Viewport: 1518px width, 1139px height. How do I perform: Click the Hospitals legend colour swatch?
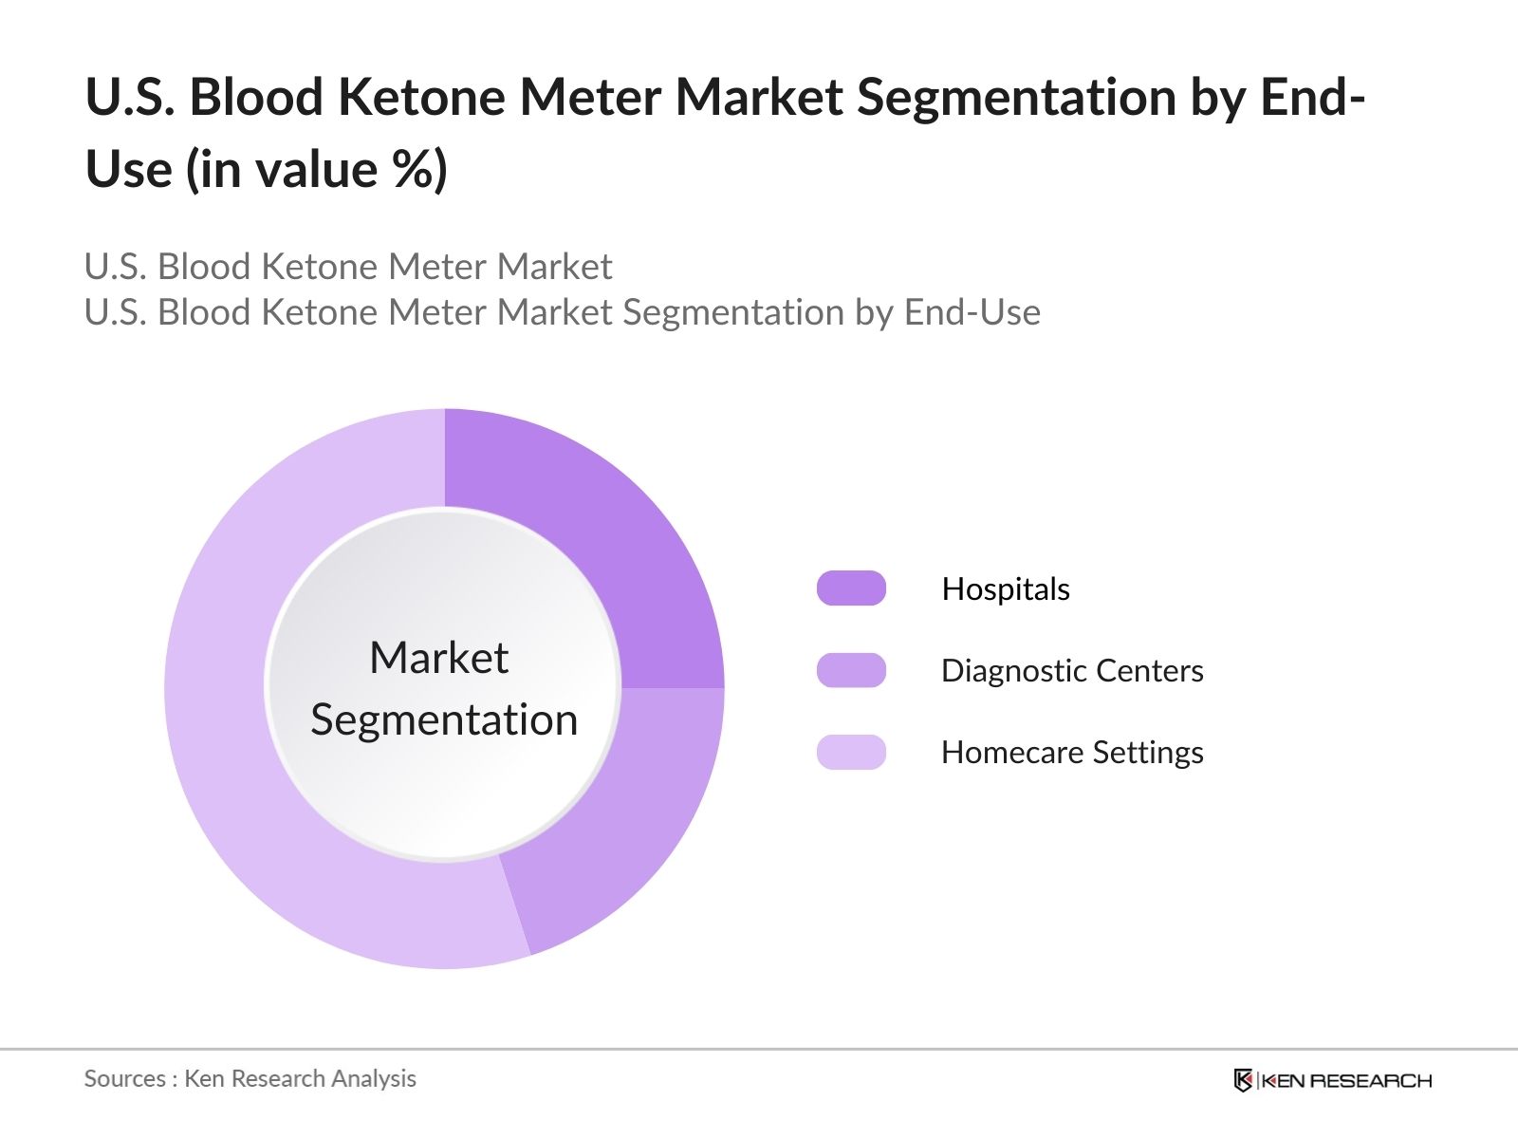[851, 588]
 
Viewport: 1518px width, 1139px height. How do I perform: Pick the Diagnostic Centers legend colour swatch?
[851, 670]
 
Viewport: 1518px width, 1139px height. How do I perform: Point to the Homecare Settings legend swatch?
[851, 752]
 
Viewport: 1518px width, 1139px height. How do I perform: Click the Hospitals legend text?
[1006, 589]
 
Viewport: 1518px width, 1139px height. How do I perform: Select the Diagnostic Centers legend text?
[1072, 671]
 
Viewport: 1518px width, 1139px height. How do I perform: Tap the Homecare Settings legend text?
[1072, 753]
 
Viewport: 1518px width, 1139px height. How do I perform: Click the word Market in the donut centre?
[439, 658]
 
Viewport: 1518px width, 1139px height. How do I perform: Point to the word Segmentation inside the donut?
[444, 719]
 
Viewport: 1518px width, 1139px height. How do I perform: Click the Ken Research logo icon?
[1243, 1080]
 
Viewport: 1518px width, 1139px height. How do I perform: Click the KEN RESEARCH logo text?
[1347, 1080]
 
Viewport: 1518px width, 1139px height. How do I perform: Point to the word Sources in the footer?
[124, 1079]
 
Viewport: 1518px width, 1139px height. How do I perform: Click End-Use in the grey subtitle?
[972, 312]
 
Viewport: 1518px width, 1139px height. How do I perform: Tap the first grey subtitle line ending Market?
[348, 267]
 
